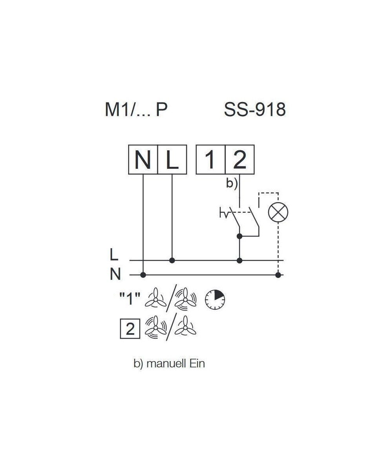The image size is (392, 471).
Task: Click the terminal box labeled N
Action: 143,159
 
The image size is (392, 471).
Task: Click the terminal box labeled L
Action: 172,159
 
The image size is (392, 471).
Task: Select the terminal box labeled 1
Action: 211,159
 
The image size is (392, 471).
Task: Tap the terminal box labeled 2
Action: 240,159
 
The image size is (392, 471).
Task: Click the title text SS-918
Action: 255,110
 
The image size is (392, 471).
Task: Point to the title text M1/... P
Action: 136,110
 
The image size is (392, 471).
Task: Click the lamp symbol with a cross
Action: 278,212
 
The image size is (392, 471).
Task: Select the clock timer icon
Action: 215,299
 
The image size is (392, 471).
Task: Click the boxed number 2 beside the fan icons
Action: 130,329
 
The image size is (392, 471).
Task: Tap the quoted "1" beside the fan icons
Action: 130,299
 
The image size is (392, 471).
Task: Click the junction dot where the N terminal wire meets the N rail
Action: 143,275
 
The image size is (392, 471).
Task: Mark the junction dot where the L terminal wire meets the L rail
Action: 172,261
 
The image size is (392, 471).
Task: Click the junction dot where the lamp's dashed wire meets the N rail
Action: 278,275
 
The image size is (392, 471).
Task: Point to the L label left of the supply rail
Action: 114,254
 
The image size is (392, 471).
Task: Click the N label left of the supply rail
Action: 115,274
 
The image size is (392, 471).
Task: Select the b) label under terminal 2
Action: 232,184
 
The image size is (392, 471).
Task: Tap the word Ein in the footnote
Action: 197,363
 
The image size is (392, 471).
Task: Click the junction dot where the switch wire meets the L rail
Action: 240,261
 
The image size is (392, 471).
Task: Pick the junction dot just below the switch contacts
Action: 240,236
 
